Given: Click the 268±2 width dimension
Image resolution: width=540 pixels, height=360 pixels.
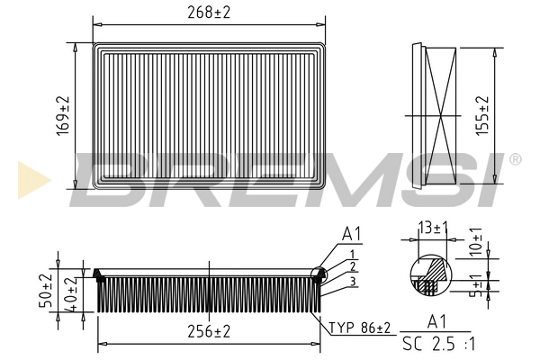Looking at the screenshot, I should point(210,12).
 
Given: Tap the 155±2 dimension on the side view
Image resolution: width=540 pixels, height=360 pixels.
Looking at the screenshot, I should point(483,115).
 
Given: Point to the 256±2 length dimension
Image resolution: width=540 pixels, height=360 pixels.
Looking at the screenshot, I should point(208,331).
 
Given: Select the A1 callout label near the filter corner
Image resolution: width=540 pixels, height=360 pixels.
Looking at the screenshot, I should point(351,234).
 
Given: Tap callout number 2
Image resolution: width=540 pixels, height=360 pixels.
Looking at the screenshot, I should point(354,266).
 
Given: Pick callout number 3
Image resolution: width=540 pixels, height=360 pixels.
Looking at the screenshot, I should point(354,282).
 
